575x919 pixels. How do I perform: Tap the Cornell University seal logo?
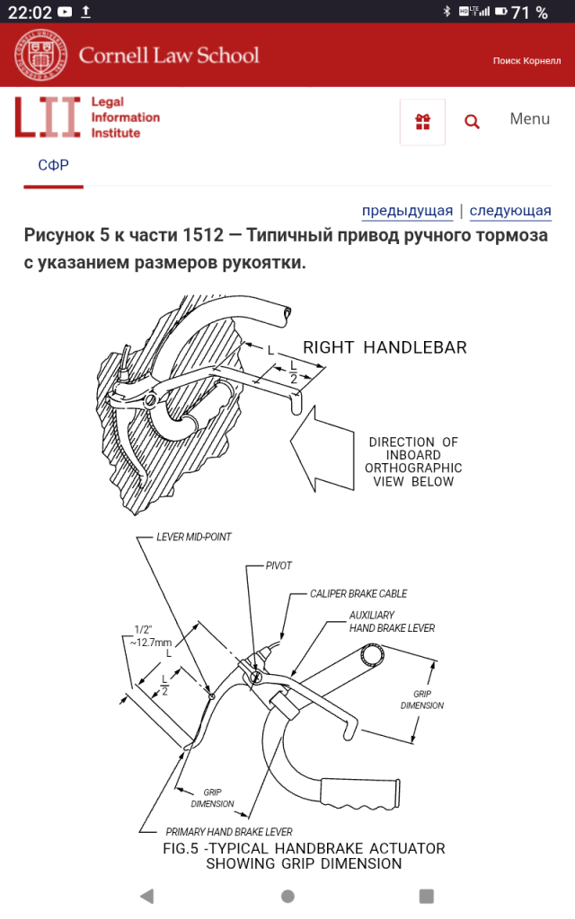40,55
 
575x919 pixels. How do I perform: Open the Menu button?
529,118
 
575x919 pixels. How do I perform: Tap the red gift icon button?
422,122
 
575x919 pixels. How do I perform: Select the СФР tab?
53,165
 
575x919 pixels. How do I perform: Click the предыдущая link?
407,211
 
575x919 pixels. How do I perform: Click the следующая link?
510,211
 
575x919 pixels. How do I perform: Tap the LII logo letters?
47,118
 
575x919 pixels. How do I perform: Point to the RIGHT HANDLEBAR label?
385,347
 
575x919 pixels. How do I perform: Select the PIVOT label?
279,566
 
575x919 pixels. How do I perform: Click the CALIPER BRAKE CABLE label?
358,594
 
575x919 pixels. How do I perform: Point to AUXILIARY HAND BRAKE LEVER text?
392,622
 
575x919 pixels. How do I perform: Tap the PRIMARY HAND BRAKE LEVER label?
229,832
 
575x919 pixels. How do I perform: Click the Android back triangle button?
146,896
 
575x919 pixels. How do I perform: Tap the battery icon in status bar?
499,12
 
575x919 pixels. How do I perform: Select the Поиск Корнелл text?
526,61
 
